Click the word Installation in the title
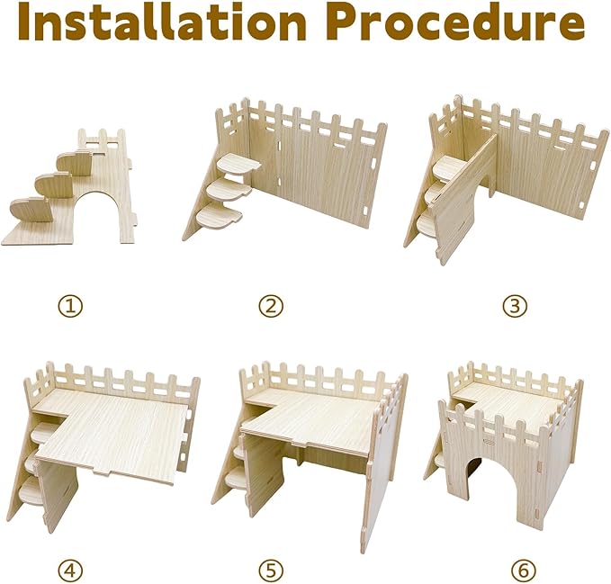162,22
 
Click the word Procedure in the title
459,22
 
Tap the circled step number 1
70,306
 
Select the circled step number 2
271,306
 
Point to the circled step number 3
515,306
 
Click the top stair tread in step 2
238,163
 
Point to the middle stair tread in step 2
229,190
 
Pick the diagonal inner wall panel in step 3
463,199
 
